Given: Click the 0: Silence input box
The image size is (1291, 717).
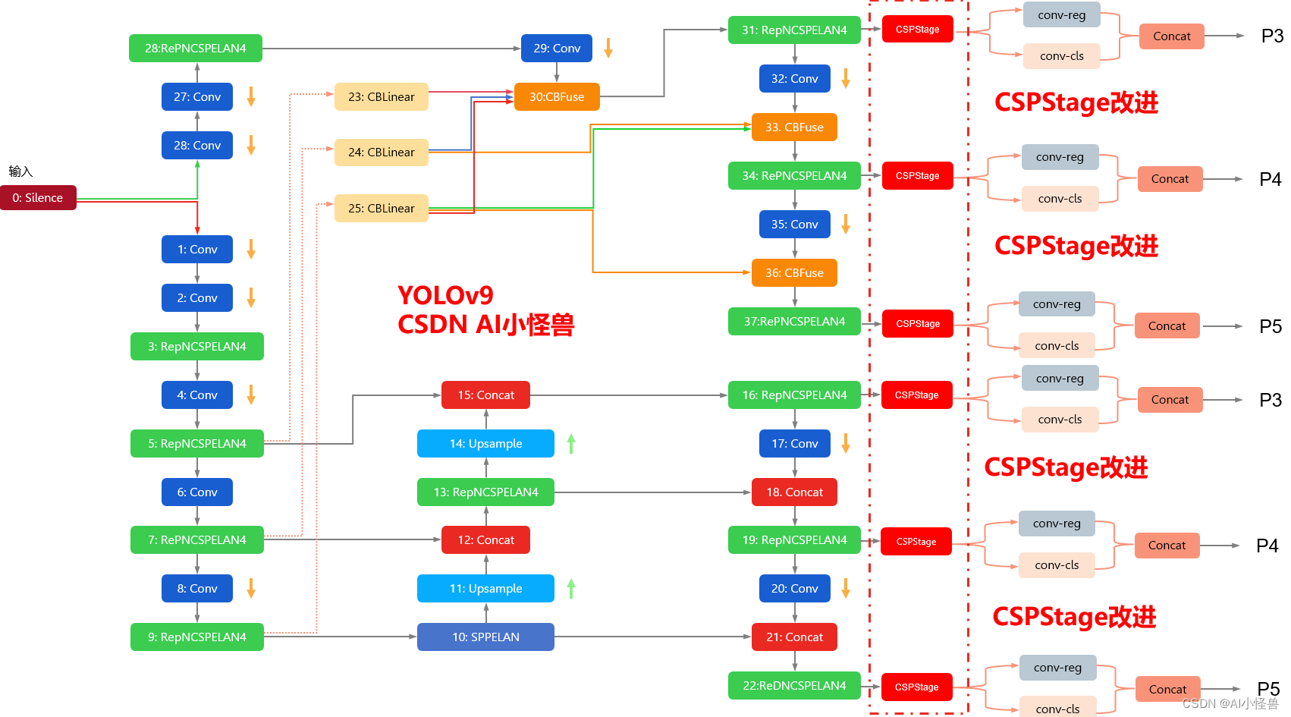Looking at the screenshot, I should point(38,198).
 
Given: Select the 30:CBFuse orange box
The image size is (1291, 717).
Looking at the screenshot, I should point(557,97).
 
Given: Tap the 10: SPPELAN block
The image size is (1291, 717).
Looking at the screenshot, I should point(485,637).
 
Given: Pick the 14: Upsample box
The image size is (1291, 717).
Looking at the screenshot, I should point(485,444).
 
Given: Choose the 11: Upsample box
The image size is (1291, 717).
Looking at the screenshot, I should point(485,589).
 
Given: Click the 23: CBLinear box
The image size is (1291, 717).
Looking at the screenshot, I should point(381,97).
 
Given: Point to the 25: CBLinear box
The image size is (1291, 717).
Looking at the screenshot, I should point(381,209).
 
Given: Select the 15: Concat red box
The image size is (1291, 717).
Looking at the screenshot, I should point(485,395).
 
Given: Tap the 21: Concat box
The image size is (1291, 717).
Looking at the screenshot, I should point(794,637).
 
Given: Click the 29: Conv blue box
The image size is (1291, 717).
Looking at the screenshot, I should point(557,49).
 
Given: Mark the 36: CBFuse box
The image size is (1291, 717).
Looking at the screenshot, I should point(794,273).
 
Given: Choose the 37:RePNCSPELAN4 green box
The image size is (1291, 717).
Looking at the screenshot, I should point(794,322).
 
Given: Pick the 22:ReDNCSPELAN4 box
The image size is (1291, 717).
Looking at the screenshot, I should point(794,686).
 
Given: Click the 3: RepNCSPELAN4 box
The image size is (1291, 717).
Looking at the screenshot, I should point(197,347).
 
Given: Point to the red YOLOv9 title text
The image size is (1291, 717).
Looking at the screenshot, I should point(445,295).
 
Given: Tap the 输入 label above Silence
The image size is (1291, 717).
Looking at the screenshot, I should point(20,171).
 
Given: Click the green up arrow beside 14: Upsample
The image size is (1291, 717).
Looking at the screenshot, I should point(571,444).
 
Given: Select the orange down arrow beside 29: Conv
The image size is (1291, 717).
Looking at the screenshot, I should point(608,49).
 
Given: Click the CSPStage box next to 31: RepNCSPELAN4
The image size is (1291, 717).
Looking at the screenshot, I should point(917,30).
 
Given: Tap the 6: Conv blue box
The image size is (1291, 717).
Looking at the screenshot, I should point(197,492).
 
